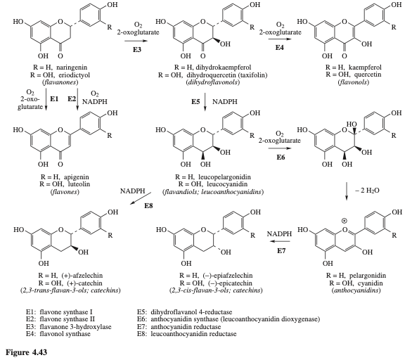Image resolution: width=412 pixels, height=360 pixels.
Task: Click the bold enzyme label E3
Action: point(136,49)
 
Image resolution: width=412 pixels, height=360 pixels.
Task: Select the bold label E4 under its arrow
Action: point(279,48)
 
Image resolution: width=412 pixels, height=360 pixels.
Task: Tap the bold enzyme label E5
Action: point(195,102)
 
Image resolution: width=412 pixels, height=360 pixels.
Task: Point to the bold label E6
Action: point(281,157)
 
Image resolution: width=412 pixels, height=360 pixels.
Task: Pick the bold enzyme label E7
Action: point(281,251)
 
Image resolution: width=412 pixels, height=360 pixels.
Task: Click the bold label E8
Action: point(148,206)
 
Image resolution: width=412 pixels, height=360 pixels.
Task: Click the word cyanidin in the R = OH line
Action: point(370,283)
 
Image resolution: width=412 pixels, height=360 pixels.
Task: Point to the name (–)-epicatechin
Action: point(227,283)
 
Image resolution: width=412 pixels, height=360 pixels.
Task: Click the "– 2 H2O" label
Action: point(367,191)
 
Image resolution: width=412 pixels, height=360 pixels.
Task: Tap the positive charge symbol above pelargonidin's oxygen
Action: point(344,221)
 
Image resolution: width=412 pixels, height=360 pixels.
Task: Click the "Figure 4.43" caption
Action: point(26,352)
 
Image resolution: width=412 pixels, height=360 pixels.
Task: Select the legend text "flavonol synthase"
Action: point(65,334)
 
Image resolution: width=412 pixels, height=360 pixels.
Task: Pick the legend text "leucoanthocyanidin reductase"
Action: point(193,334)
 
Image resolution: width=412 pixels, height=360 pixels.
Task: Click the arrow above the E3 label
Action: point(136,41)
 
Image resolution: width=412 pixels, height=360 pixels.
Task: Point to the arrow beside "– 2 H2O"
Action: point(347,191)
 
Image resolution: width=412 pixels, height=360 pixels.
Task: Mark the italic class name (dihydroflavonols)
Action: point(212,82)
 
